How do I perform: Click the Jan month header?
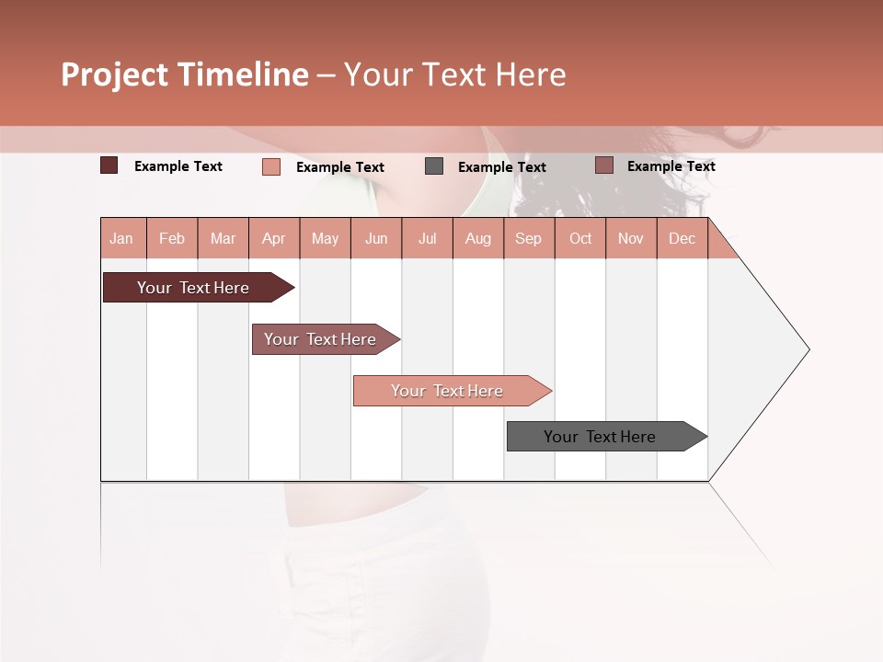[x=121, y=238]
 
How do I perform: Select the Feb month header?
[x=172, y=238]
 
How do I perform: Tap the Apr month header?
[x=274, y=238]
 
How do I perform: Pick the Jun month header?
[x=376, y=238]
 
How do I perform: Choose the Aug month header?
[x=478, y=238]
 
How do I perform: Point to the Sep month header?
[x=529, y=238]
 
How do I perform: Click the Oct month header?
[x=580, y=238]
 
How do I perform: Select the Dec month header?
[x=682, y=238]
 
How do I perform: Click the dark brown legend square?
[x=109, y=165]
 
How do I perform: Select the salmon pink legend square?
[x=271, y=166]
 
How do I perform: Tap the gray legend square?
[x=434, y=166]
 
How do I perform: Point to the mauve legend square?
[x=603, y=165]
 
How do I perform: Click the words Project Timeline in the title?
[x=185, y=74]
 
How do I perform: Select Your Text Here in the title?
[x=454, y=74]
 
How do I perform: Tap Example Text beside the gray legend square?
[x=502, y=167]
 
